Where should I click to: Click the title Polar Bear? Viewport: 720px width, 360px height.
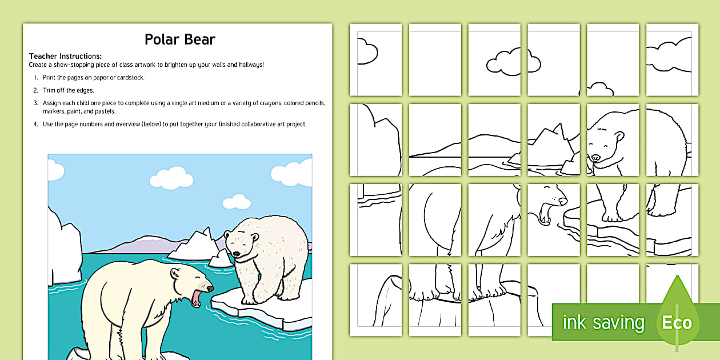tap(179, 39)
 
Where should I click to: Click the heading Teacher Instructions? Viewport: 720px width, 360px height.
tap(65, 56)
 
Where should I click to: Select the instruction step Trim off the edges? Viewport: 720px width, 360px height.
tap(68, 90)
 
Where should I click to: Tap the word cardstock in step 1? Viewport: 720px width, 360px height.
tap(131, 78)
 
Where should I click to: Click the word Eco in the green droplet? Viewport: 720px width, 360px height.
tap(677, 323)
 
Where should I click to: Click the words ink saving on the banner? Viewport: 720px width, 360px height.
tap(603, 323)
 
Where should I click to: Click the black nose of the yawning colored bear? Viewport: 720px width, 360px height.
tap(211, 289)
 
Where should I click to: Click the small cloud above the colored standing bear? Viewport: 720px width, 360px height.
tap(237, 201)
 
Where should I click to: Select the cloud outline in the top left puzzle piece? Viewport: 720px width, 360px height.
tap(366, 51)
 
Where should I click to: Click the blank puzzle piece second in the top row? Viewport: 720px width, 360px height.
tap(435, 59)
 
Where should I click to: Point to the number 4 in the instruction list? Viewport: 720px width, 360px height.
tap(35, 124)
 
